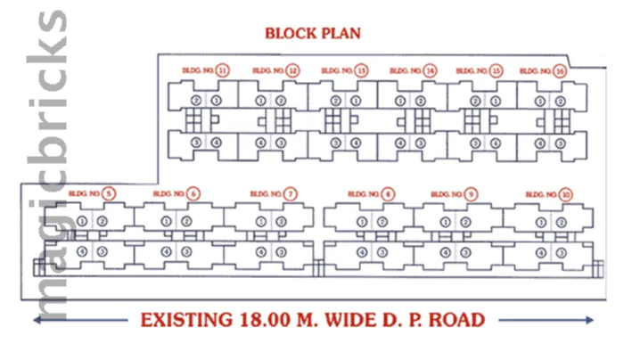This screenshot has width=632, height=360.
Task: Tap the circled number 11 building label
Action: pos(223,70)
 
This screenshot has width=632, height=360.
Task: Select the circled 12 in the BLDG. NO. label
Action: pos(292,70)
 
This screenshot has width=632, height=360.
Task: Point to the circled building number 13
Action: pos(361,70)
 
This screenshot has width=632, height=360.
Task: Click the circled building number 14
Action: pos(430,70)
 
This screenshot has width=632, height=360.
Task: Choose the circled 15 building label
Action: pos(497,70)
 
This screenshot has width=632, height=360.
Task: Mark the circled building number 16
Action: pos(560,70)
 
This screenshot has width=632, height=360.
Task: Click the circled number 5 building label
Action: pos(109,193)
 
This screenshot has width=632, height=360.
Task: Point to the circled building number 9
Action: pos(471,193)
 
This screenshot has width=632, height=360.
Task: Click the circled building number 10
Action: pos(566,193)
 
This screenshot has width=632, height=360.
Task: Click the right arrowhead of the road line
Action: pos(592,319)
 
